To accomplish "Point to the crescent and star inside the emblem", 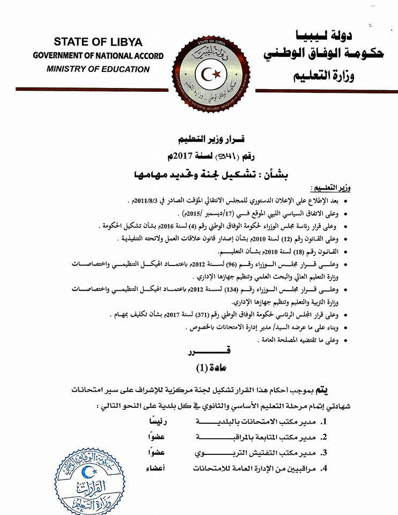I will (214, 72).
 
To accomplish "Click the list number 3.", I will (324, 452).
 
